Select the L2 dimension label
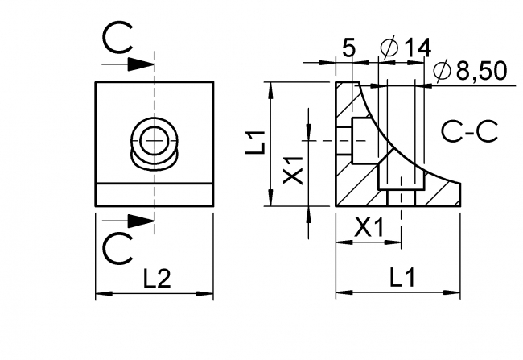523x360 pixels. [157, 279]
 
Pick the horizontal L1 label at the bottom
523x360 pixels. [400, 279]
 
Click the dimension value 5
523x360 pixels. [348, 48]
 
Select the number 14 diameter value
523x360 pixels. [418, 48]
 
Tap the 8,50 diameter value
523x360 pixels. [480, 72]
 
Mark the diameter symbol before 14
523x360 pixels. [388, 48]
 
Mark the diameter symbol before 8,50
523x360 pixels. [441, 72]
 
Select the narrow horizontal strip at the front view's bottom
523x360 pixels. [154, 195]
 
